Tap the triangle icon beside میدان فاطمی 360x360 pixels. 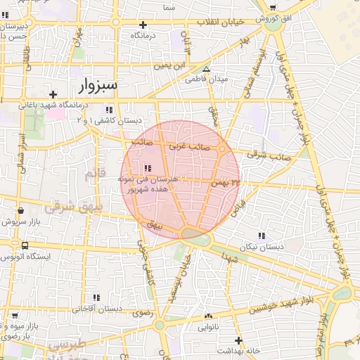[206, 69]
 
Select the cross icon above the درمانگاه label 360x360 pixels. [143, 24]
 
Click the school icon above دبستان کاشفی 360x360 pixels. [108, 110]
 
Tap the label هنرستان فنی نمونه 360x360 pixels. [150, 180]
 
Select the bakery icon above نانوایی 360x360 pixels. [208, 316]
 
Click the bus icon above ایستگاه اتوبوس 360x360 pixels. [25, 246]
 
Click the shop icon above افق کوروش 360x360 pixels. [273, 7]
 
